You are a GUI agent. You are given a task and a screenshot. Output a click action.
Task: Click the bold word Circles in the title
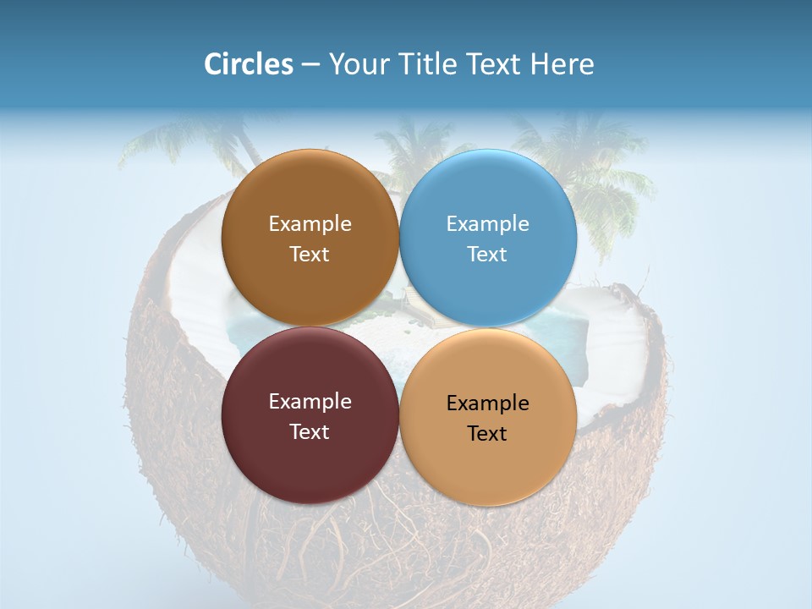(249, 64)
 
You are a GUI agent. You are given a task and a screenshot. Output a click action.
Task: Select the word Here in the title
(562, 64)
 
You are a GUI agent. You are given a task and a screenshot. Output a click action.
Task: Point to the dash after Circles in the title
(310, 65)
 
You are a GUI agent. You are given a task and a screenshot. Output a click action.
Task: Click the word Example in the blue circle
(488, 223)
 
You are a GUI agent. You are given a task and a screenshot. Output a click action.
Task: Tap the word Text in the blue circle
(488, 254)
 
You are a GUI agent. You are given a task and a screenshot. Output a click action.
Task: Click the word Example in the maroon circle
(310, 401)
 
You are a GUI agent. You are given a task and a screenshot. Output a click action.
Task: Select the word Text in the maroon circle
(310, 431)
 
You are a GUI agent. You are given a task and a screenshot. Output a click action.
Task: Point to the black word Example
(488, 403)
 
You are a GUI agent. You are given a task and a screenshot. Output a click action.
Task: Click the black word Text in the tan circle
(488, 433)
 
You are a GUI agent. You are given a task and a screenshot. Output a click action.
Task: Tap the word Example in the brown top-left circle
(310, 223)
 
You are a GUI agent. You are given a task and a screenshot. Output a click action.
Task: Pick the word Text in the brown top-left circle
(310, 254)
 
